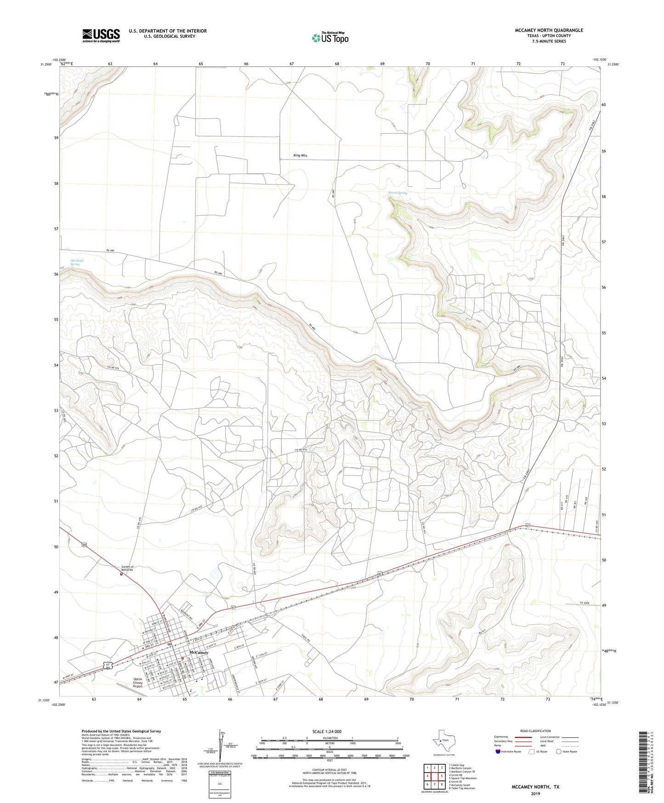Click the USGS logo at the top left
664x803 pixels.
101,35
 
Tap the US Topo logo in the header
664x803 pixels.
330,37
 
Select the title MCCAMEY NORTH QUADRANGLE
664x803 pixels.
549,30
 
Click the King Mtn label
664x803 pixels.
300,155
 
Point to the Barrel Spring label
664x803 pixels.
397,193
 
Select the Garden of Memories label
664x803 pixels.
127,568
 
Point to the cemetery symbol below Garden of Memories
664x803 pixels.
121,574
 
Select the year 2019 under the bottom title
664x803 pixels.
535,793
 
